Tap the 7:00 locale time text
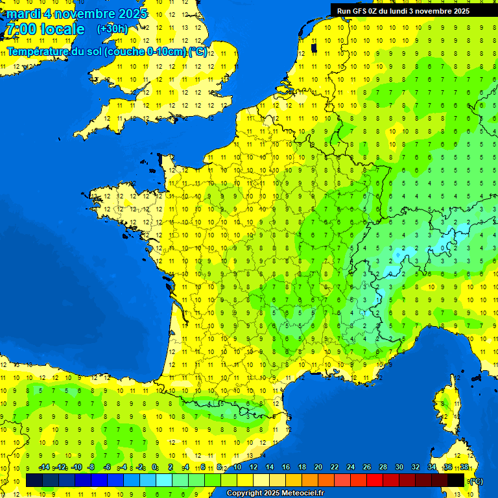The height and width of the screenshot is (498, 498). tap(45, 29)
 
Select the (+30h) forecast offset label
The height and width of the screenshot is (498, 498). tap(113, 29)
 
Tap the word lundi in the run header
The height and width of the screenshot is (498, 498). tap(407, 11)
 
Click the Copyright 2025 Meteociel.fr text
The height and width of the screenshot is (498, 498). tap(275, 493)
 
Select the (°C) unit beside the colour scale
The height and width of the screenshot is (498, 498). tap(476, 481)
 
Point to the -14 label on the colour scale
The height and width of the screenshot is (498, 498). tap(45, 468)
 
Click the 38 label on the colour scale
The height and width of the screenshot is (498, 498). tap(464, 468)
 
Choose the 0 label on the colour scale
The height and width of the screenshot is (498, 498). tap(155, 468)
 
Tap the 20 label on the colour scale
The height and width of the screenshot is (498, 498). tap(318, 468)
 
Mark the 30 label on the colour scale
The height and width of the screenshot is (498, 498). tap(399, 468)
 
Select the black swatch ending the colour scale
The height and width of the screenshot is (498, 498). tap(456, 480)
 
